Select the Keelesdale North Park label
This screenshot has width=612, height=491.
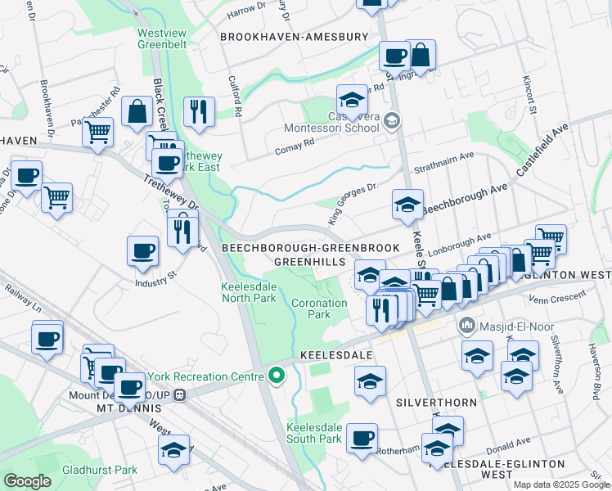(x=249, y=292)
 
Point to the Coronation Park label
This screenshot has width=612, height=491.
(x=311, y=309)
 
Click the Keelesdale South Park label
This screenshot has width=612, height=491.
(x=314, y=433)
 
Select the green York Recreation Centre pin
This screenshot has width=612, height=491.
(x=277, y=376)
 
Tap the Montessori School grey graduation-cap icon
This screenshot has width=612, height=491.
(x=392, y=122)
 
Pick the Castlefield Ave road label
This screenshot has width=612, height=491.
(x=542, y=150)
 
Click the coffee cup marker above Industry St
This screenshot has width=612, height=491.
(x=142, y=250)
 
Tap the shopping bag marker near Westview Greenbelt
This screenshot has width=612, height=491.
(x=137, y=112)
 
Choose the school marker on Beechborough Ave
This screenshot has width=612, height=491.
(x=407, y=205)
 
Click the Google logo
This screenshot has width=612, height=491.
(x=28, y=481)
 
